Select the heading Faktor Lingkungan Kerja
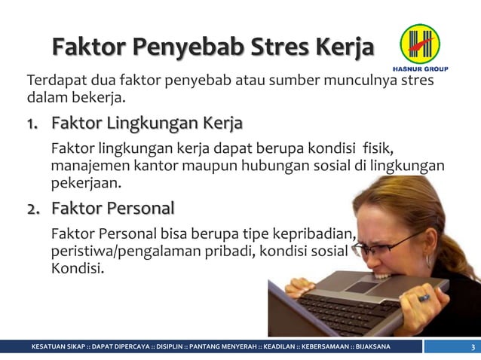point(147,123)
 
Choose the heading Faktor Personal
point(112,208)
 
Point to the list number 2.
point(34,208)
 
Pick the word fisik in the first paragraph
point(377,145)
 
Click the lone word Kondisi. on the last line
point(78,267)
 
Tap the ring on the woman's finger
point(424,297)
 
